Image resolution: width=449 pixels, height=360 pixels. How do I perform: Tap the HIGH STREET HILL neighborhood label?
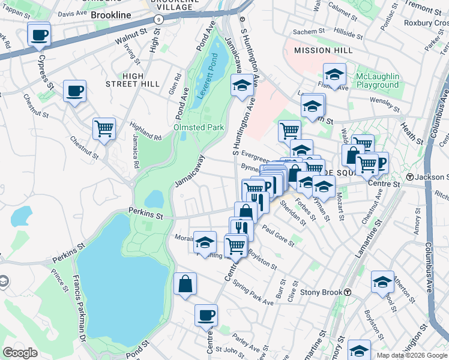(141, 80)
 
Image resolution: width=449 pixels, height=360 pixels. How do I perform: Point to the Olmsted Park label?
(199, 127)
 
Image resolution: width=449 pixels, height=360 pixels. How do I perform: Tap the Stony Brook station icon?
(348, 292)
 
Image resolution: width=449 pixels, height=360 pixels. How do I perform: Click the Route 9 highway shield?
(158, 19)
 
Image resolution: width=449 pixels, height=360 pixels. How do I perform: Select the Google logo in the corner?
(20, 353)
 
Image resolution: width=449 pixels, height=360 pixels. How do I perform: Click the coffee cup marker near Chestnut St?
(75, 92)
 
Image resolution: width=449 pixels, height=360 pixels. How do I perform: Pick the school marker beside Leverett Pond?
(241, 86)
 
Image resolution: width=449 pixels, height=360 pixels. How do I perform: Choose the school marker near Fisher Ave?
(334, 75)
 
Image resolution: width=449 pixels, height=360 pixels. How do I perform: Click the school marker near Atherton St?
(382, 281)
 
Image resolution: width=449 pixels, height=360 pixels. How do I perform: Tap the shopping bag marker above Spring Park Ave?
(185, 284)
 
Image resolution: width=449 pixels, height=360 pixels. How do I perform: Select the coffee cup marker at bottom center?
(206, 315)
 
